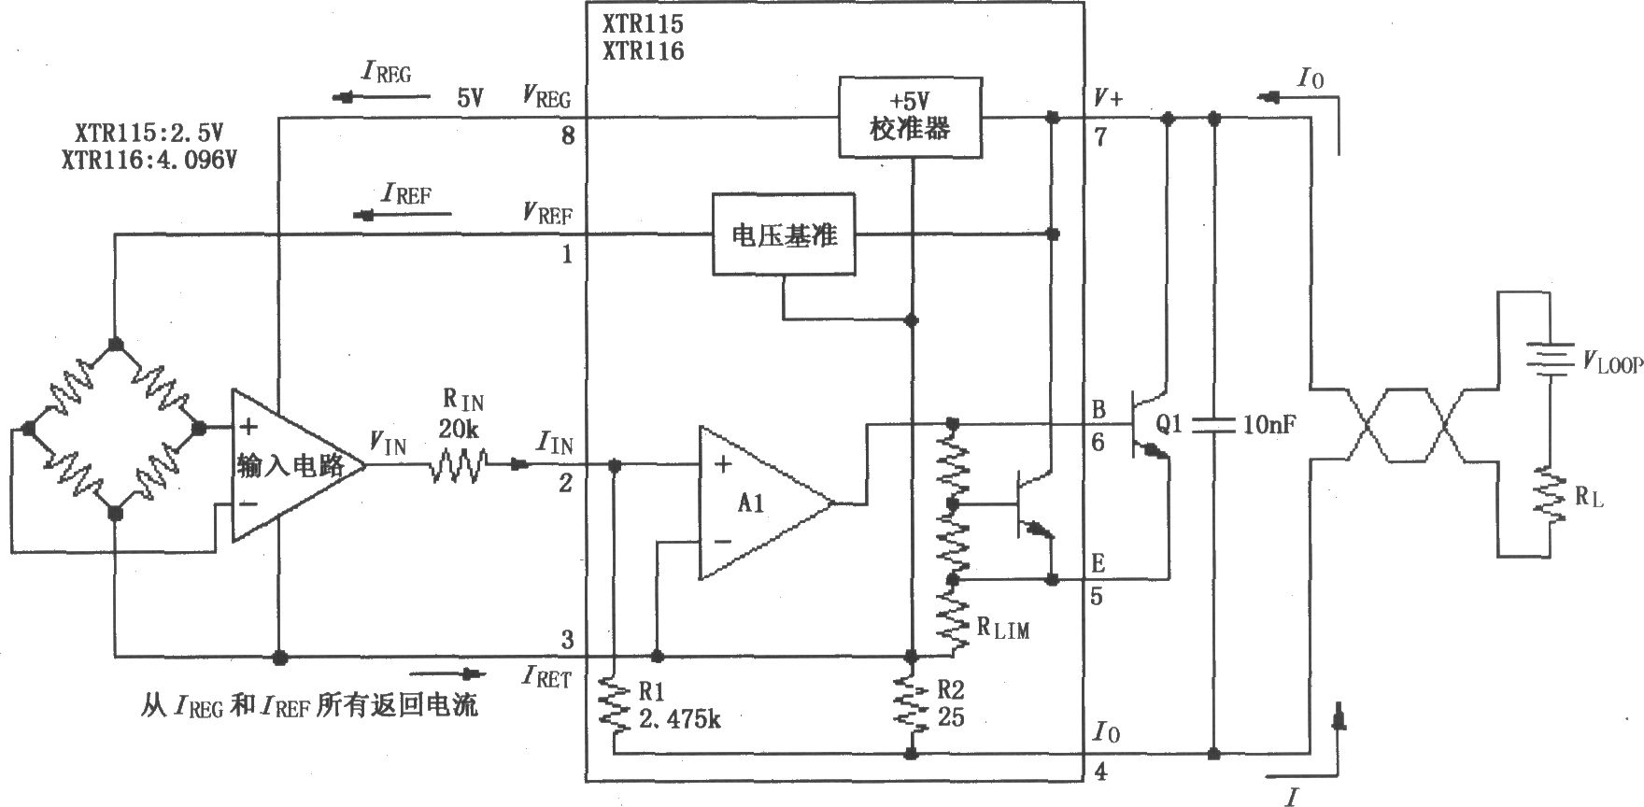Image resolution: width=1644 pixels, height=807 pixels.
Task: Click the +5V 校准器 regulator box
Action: pyautogui.click(x=910, y=118)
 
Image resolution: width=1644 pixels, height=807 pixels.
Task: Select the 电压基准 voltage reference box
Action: pyautogui.click(x=783, y=234)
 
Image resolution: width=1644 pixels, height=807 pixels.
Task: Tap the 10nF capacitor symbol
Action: pyautogui.click(x=1213, y=425)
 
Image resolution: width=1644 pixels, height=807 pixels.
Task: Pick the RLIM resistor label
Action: pyautogui.click(x=1003, y=629)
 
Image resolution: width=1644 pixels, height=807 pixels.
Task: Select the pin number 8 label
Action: pyautogui.click(x=568, y=137)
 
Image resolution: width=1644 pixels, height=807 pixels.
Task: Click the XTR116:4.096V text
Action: pyautogui.click(x=149, y=160)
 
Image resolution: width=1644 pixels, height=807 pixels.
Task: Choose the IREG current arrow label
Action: pyautogui.click(x=386, y=73)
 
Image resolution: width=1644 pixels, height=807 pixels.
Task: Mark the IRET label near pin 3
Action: pyautogui.click(x=547, y=676)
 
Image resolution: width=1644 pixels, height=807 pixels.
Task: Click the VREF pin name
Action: pyautogui.click(x=547, y=215)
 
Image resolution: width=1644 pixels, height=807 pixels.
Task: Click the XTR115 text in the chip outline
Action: pyautogui.click(x=643, y=24)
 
